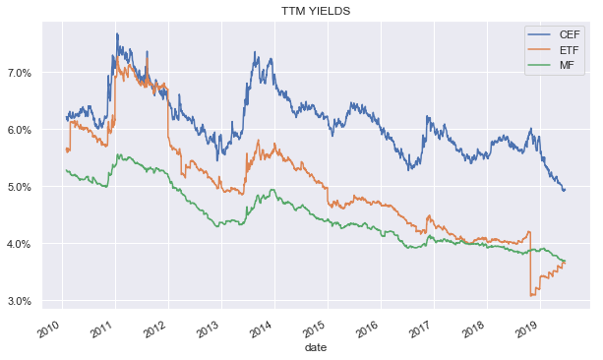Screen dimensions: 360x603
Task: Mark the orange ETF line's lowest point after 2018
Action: tap(532, 295)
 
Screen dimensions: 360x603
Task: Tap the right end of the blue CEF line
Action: tap(565, 190)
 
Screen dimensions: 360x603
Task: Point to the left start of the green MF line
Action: tap(65, 170)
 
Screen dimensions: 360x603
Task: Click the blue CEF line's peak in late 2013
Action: tap(257, 54)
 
